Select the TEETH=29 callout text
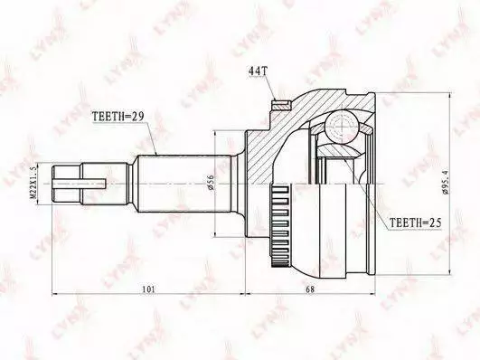click(118, 116)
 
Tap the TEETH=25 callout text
click(416, 223)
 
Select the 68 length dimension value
click(310, 289)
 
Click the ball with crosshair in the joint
click(342, 127)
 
